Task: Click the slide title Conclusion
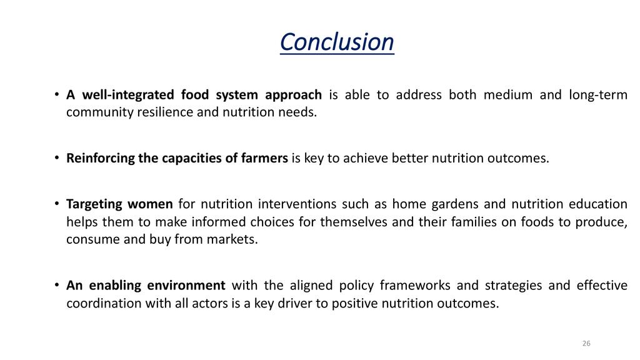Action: pyautogui.click(x=337, y=42)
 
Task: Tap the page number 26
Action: pyautogui.click(x=586, y=343)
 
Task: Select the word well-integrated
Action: pyautogui.click(x=128, y=95)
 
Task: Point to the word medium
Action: pyautogui.click(x=507, y=95)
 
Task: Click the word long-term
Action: pyautogui.click(x=598, y=95)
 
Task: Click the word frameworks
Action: pyautogui.click(x=415, y=285)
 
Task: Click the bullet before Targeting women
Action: pyautogui.click(x=57, y=204)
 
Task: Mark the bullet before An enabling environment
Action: pyautogui.click(x=57, y=285)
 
